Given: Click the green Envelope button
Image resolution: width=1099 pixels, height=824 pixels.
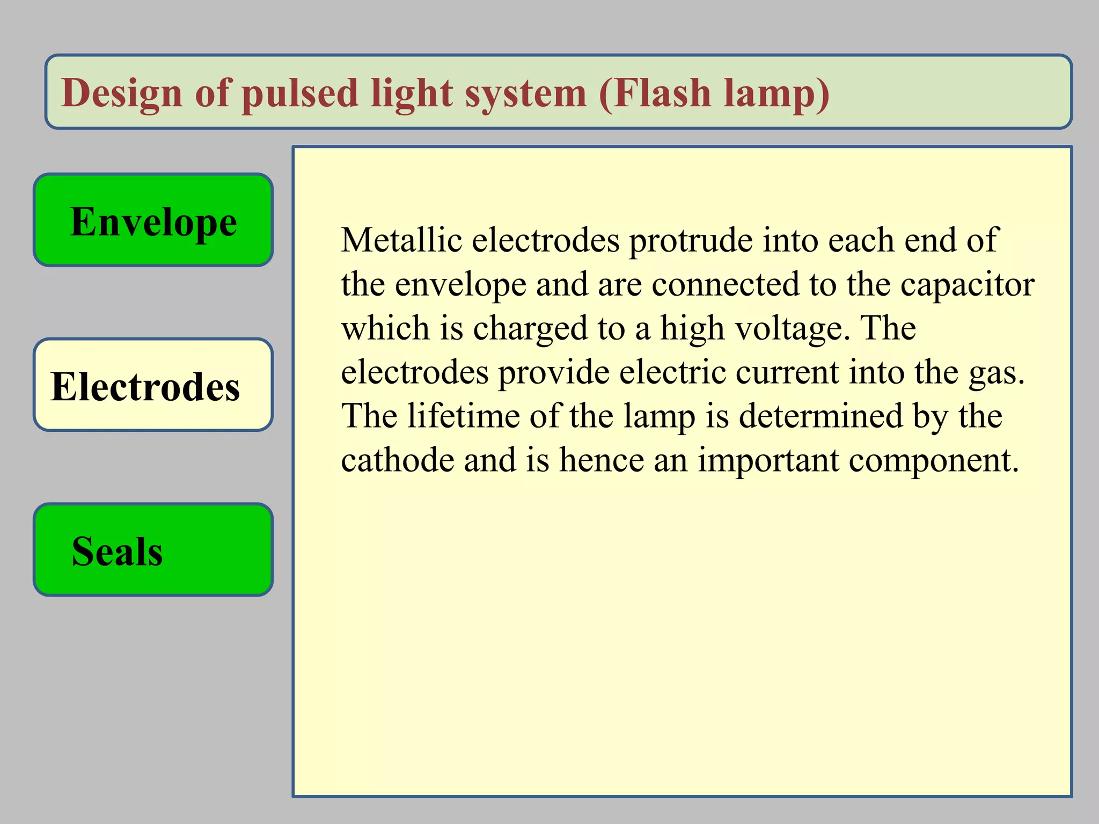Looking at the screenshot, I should click(x=153, y=220).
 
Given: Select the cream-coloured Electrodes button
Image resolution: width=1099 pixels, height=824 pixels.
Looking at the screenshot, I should click(x=153, y=385).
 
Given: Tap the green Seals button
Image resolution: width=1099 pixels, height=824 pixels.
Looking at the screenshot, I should click(x=153, y=549).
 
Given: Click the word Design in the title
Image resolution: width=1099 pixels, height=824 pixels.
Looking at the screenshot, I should click(x=122, y=93).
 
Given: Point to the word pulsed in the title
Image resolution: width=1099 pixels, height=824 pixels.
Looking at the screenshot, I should click(x=299, y=93).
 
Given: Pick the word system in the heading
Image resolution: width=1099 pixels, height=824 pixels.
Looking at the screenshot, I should click(x=525, y=93).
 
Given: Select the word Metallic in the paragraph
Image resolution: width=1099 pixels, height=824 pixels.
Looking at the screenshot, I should click(x=401, y=240).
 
